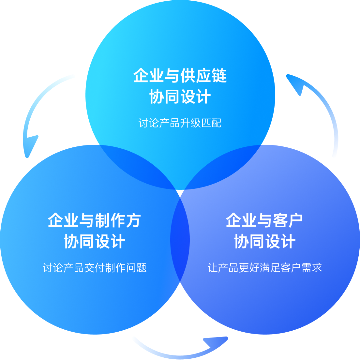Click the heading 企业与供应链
pos(180,76)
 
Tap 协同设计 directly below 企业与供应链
pos(180,97)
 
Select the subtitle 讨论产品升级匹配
pos(180,123)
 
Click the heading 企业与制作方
pos(94,220)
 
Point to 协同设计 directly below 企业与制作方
pos(94,242)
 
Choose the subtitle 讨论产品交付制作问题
pos(95,268)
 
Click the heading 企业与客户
pos(264,220)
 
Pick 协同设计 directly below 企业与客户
pos(264,242)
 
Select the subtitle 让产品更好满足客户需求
pos(265,268)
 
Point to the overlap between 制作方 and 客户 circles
pos(180,240)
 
